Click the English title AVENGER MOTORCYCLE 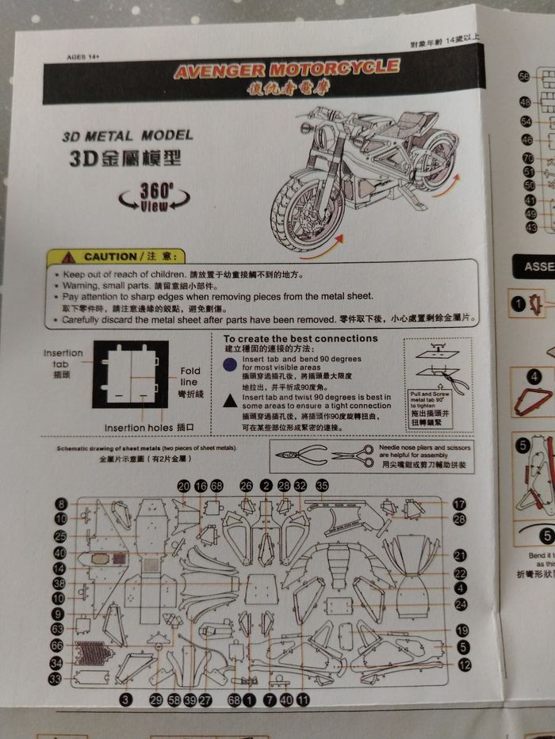[286, 70]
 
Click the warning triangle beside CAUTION [69, 257]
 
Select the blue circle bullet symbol [228, 364]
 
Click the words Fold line [190, 375]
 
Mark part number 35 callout [321, 485]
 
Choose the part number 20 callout [184, 486]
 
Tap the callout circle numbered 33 [56, 680]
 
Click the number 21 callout [461, 555]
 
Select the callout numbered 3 [126, 699]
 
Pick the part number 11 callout [303, 699]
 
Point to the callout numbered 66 [56, 646]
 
